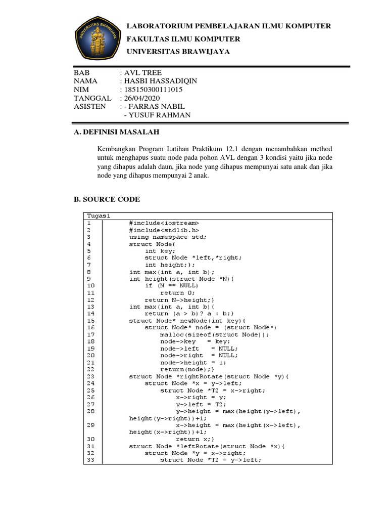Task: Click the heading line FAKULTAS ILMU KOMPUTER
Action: [x=183, y=39]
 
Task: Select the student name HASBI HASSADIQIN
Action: [x=161, y=81]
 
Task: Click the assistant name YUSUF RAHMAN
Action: [x=160, y=115]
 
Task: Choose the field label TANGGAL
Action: [x=92, y=98]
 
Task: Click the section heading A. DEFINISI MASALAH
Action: [x=116, y=133]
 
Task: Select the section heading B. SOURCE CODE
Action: [x=107, y=199]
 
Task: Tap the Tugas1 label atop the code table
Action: [x=98, y=216]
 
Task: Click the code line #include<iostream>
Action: [x=164, y=223]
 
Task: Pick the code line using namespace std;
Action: [x=168, y=237]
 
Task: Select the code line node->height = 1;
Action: [x=193, y=362]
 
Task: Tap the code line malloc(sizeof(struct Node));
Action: [x=215, y=334]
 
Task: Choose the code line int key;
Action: [x=160, y=250]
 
